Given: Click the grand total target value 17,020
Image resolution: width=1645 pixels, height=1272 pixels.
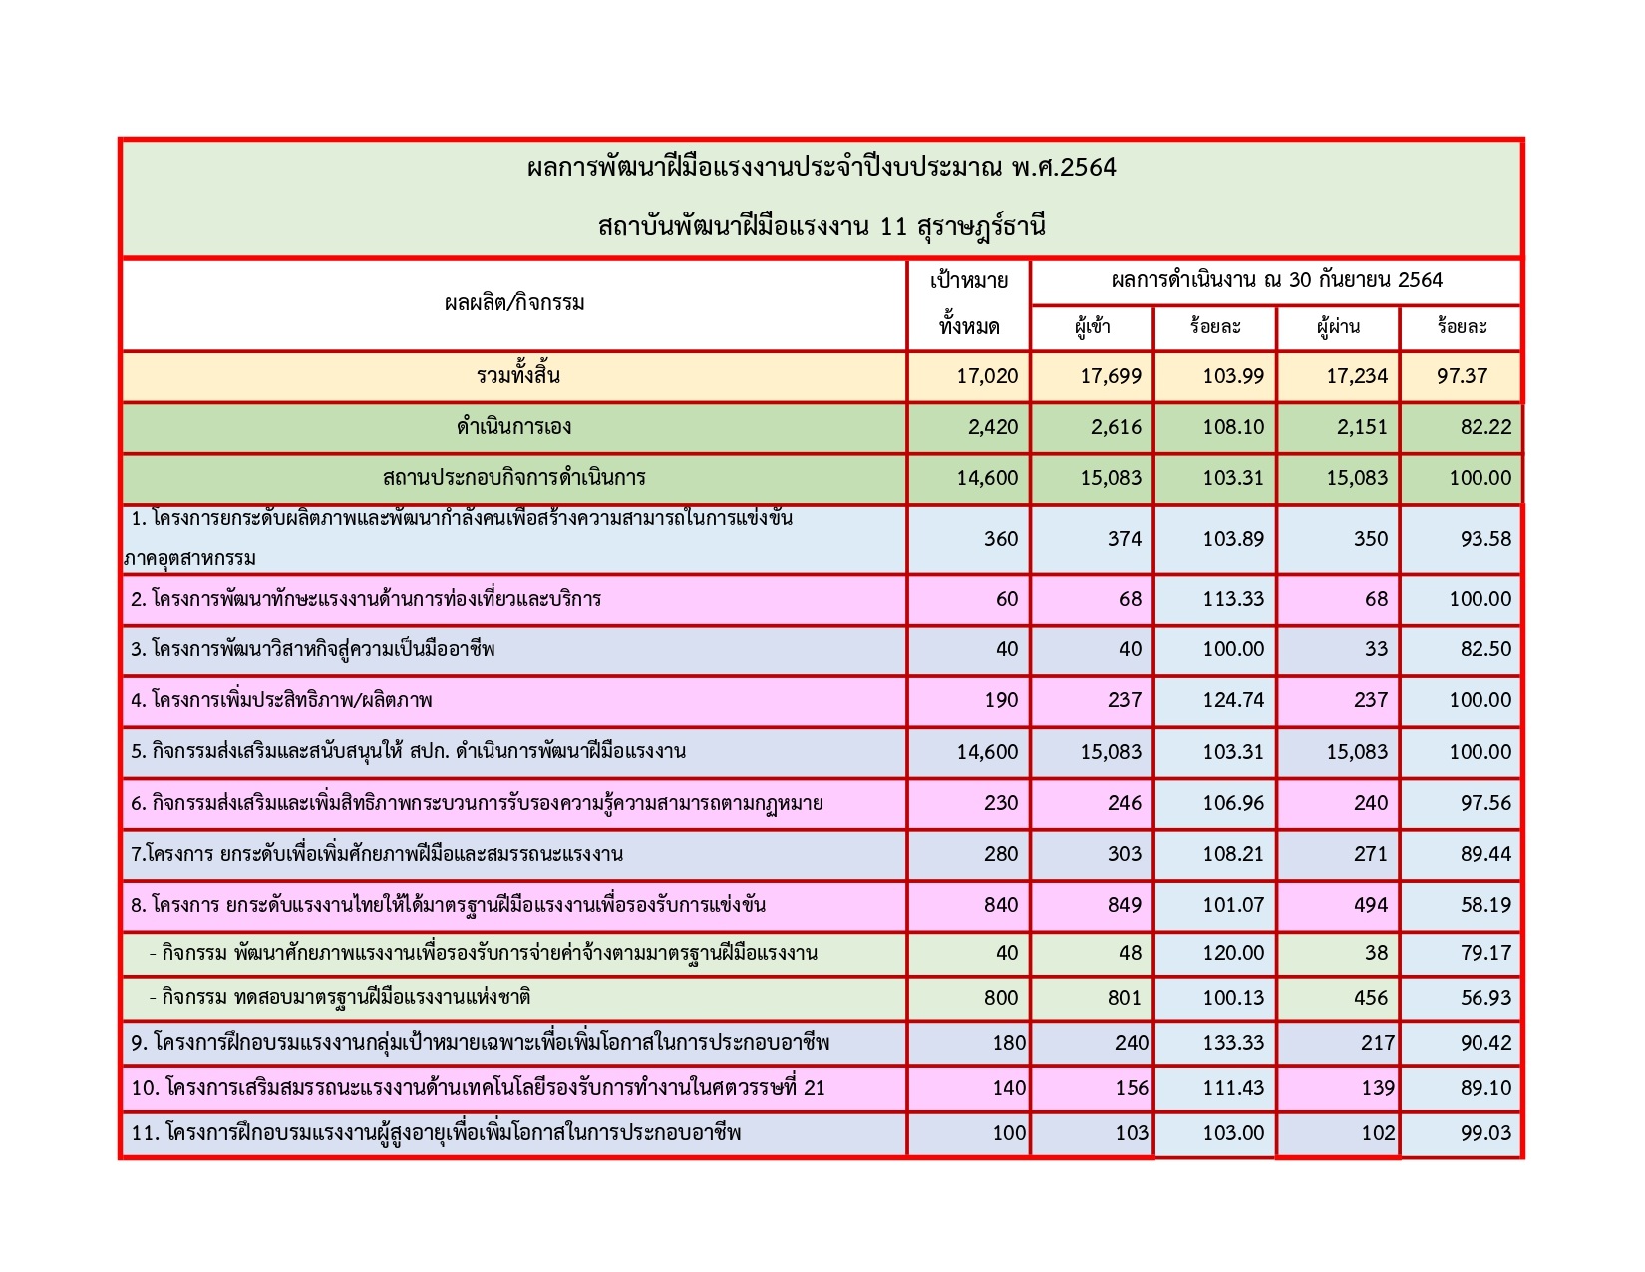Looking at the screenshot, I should pos(987,376).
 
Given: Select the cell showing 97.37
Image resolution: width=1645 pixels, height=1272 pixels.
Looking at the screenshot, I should pos(1463,376).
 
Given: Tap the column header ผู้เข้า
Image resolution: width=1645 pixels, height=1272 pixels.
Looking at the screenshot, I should pos(1093,327).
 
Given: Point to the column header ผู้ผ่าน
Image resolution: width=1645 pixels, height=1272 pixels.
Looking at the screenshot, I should pos(1338,327).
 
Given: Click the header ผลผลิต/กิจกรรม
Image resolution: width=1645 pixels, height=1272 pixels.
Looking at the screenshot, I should pos(514,303).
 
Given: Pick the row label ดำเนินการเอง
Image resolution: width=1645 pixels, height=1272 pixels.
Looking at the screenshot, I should pos(514,427).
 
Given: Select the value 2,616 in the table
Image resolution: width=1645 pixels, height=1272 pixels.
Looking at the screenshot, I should pos(1111,428).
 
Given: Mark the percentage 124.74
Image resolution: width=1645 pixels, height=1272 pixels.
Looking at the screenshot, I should pos(1233,700).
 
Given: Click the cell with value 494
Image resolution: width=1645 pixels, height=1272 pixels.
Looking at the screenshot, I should pos(1371,905).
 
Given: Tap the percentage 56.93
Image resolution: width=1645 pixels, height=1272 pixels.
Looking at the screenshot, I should pos(1485,998).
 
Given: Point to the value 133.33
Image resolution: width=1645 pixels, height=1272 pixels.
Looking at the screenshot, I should pos(1233,1043).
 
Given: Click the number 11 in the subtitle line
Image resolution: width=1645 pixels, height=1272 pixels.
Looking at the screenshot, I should pos(894,227).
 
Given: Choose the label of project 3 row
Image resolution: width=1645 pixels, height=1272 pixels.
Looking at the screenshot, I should pos(313,650).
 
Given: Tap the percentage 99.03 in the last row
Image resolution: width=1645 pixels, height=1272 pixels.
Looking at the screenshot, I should pos(1485,1133).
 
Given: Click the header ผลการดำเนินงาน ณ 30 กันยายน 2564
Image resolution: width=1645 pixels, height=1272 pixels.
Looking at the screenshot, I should pos(1276,281).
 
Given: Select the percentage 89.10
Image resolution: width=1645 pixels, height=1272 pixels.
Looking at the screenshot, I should pos(1485,1088).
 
